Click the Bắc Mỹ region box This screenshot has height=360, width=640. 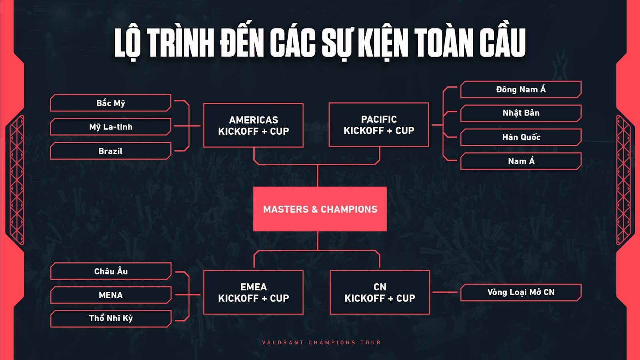click(x=110, y=103)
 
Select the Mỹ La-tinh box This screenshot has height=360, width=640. click(x=110, y=126)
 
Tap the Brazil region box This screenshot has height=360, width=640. click(x=110, y=151)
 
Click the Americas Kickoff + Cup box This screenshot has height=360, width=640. click(x=254, y=126)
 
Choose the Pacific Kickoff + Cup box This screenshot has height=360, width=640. click(x=379, y=125)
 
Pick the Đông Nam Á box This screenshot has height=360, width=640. click(x=521, y=90)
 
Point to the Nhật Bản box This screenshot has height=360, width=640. click(x=521, y=113)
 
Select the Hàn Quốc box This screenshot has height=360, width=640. click(x=521, y=137)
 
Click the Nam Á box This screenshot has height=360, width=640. click(x=521, y=161)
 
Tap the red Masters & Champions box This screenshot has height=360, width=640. click(x=320, y=209)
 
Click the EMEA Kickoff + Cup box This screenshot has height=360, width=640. click(x=254, y=292)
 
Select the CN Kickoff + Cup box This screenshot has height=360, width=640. click(x=380, y=292)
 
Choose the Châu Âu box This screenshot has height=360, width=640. click(x=111, y=271)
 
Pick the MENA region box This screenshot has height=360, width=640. click(x=111, y=295)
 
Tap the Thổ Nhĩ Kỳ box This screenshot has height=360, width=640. click(x=111, y=318)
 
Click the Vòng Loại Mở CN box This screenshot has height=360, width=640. click(x=521, y=292)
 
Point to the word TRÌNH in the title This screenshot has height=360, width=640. click(x=180, y=43)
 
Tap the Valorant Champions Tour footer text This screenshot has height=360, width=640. click(x=322, y=342)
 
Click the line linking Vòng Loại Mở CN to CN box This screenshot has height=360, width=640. click(x=445, y=292)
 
